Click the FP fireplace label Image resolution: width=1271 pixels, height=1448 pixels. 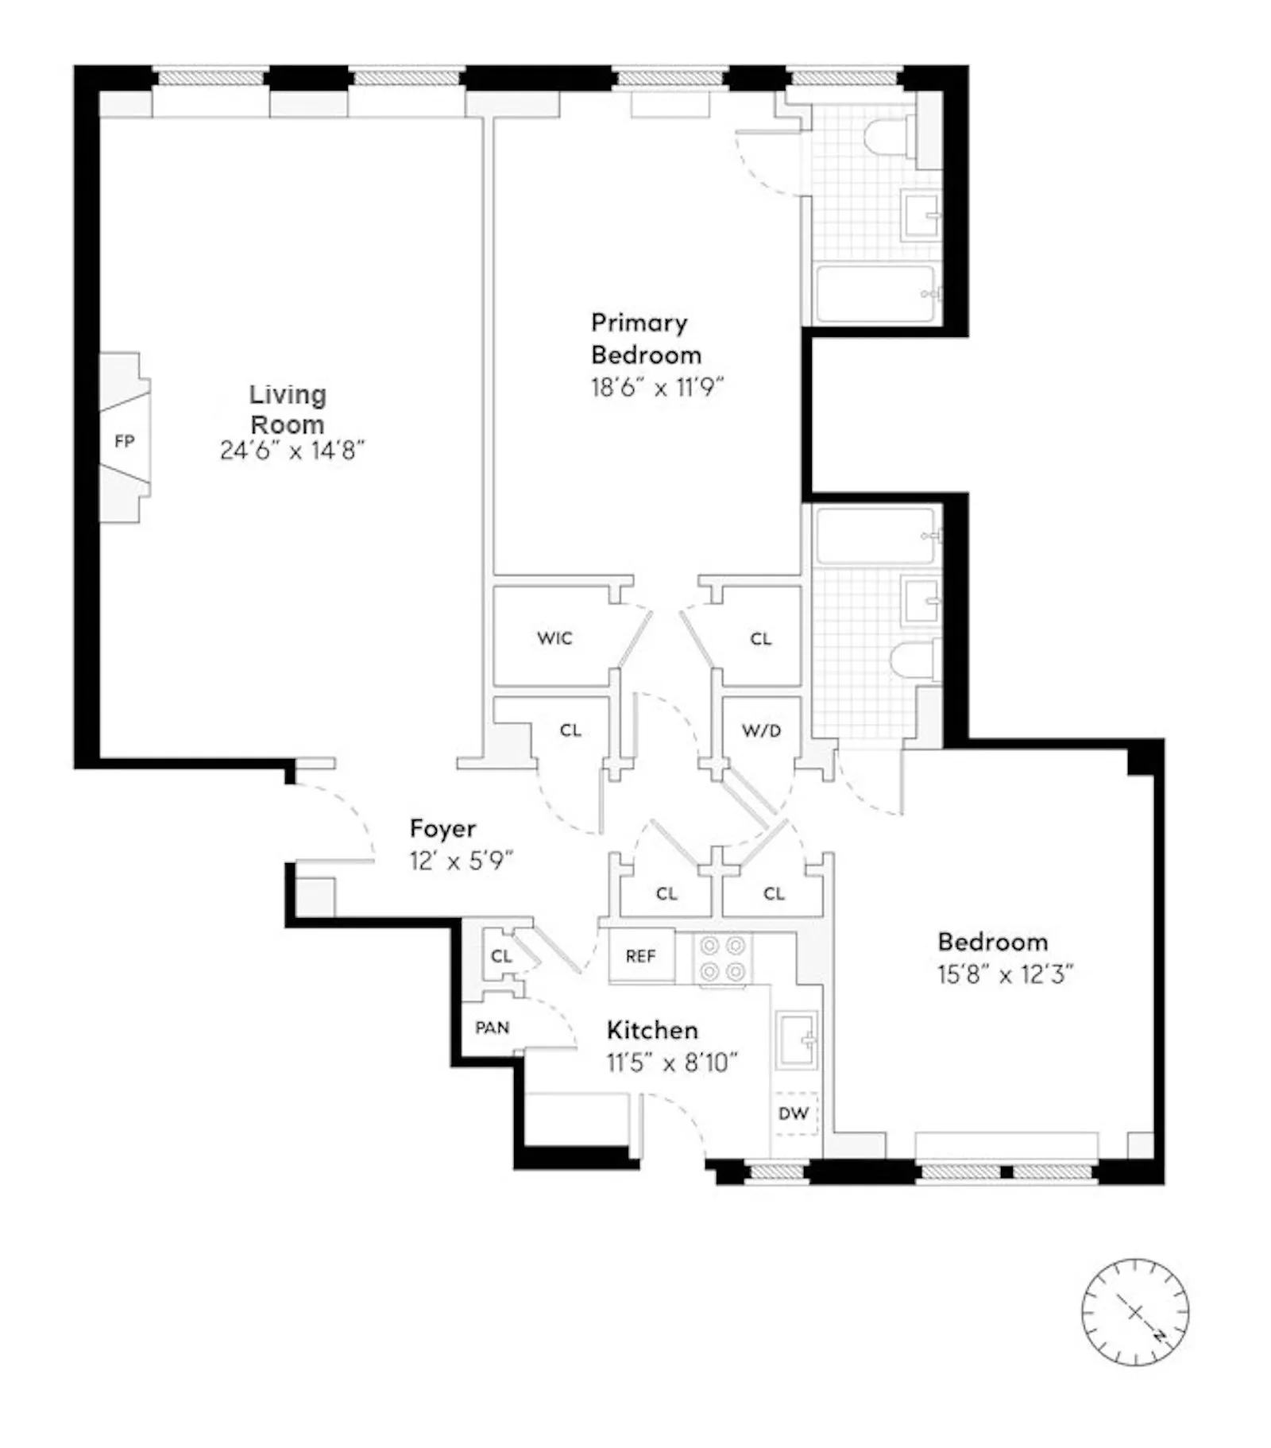click(124, 441)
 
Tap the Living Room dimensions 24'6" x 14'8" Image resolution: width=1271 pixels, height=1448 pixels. click(292, 451)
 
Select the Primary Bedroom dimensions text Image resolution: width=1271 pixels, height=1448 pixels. click(658, 387)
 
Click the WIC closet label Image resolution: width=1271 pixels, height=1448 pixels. click(554, 638)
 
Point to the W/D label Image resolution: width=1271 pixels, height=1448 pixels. click(761, 730)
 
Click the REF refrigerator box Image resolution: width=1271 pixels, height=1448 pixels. click(641, 956)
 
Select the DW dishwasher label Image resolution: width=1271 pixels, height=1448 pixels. click(793, 1113)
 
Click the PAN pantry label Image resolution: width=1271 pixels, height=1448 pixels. click(492, 1028)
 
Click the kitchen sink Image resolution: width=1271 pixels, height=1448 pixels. click(797, 1039)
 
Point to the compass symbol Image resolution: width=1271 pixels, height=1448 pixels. click(1135, 1312)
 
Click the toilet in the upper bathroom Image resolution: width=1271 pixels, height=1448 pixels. click(888, 137)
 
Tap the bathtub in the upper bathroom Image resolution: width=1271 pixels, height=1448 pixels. click(875, 293)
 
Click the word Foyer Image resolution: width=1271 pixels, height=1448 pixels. click(442, 828)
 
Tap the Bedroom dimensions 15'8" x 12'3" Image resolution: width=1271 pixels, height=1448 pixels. click(1005, 974)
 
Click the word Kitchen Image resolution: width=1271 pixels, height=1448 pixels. click(652, 1030)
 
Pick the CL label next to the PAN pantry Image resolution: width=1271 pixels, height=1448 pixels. click(501, 956)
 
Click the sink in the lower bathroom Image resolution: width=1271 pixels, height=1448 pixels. click(921, 601)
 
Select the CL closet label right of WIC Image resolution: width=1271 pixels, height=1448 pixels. click(760, 638)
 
